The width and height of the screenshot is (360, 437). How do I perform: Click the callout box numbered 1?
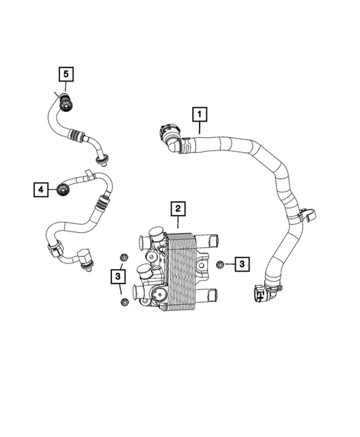click(198, 114)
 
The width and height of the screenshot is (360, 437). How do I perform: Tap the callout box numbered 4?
click(40, 190)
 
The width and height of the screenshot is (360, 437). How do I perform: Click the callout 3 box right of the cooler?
click(243, 263)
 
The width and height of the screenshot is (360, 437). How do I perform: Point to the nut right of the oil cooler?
click(220, 264)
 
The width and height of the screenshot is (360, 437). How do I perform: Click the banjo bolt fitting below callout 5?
click(67, 104)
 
